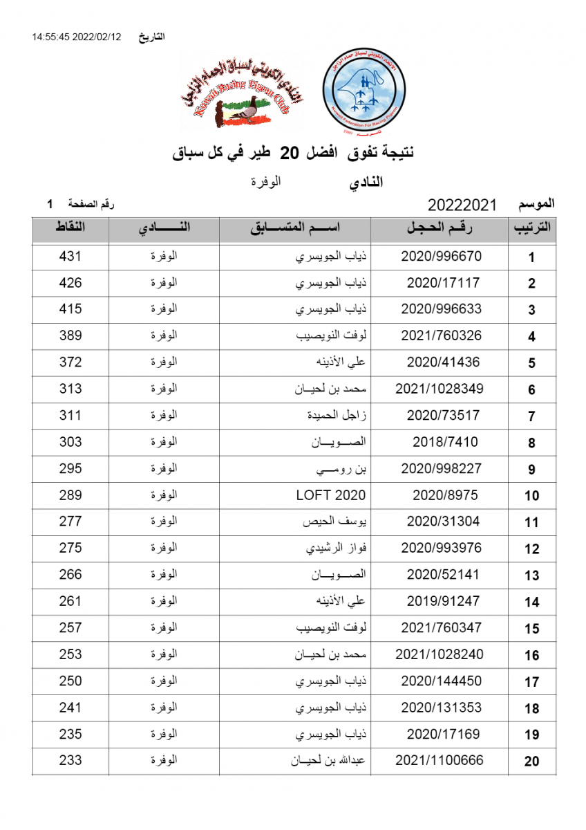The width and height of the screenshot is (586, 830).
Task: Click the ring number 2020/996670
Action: click(x=441, y=256)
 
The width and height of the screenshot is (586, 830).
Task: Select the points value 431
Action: click(x=70, y=256)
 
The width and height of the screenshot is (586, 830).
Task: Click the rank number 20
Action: click(x=531, y=762)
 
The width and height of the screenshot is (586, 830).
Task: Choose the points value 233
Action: click(x=70, y=760)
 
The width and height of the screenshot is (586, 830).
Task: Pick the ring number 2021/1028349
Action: click(x=439, y=389)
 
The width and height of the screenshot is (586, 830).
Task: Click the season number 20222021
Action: click(x=462, y=205)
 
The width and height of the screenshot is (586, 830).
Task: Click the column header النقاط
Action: click(x=70, y=227)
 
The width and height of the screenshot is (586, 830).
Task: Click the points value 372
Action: click(x=70, y=362)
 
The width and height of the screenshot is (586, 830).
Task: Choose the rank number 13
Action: click(x=531, y=575)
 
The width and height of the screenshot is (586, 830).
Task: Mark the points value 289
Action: click(x=70, y=495)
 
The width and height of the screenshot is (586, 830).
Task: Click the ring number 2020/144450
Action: click(x=441, y=681)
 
